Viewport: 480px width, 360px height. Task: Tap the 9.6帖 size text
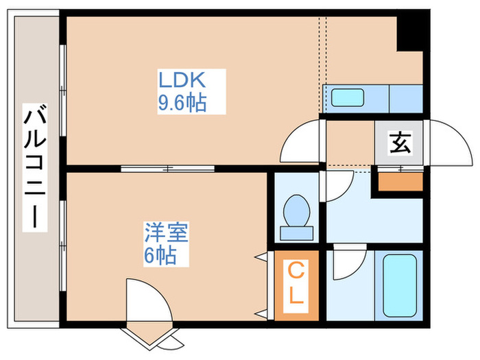point(182,104)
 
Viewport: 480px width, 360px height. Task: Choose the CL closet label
point(296,284)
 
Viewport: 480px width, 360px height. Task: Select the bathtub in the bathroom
point(400,286)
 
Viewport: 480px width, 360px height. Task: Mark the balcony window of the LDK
point(63,89)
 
